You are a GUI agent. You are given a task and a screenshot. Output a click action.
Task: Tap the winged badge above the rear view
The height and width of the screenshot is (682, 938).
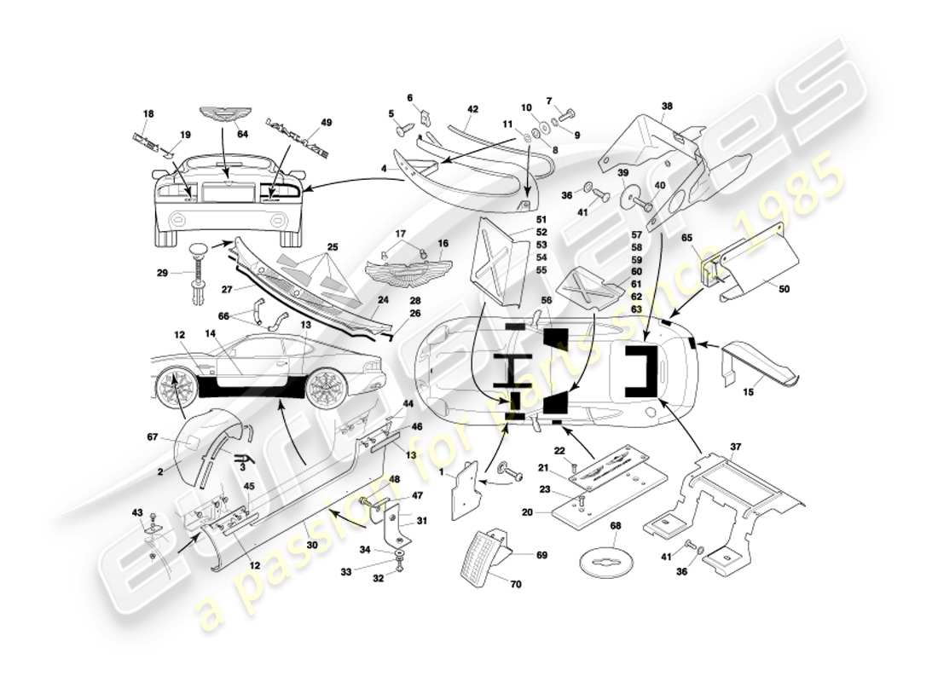[x=221, y=115]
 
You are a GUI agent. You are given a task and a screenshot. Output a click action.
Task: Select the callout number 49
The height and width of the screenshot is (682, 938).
[x=302, y=123]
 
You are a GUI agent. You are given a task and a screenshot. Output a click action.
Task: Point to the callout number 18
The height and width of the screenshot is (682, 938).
[x=148, y=113]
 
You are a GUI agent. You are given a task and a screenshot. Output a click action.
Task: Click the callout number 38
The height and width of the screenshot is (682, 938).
[x=667, y=107]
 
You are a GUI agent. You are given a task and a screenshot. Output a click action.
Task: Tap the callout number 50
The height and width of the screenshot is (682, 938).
[x=784, y=289]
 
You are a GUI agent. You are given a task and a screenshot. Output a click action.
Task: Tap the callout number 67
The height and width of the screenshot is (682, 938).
[x=151, y=437]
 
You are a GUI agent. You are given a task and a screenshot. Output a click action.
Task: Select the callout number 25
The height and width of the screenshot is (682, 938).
[x=332, y=247]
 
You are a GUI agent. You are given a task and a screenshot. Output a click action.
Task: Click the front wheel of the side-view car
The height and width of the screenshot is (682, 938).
[x=177, y=390]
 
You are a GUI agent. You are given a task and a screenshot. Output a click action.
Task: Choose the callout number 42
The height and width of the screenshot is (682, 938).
[x=472, y=109]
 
